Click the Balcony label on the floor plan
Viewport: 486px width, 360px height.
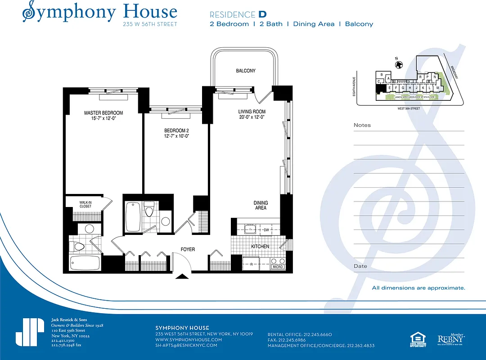(246, 71)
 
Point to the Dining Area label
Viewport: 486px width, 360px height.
(261, 205)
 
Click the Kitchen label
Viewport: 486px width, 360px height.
(260, 247)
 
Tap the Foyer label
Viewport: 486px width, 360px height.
(188, 249)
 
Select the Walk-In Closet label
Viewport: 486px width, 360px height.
(85, 204)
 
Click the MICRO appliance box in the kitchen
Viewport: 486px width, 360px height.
(277, 267)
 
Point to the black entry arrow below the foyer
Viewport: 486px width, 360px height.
(182, 276)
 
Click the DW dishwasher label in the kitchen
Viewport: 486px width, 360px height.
(266, 230)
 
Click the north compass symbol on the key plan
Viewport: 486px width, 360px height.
(398, 65)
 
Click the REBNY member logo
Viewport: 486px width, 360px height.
(451, 339)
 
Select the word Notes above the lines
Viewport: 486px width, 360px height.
(362, 125)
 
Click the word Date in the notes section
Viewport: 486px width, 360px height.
(360, 266)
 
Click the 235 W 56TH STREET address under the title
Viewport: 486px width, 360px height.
(150, 24)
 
